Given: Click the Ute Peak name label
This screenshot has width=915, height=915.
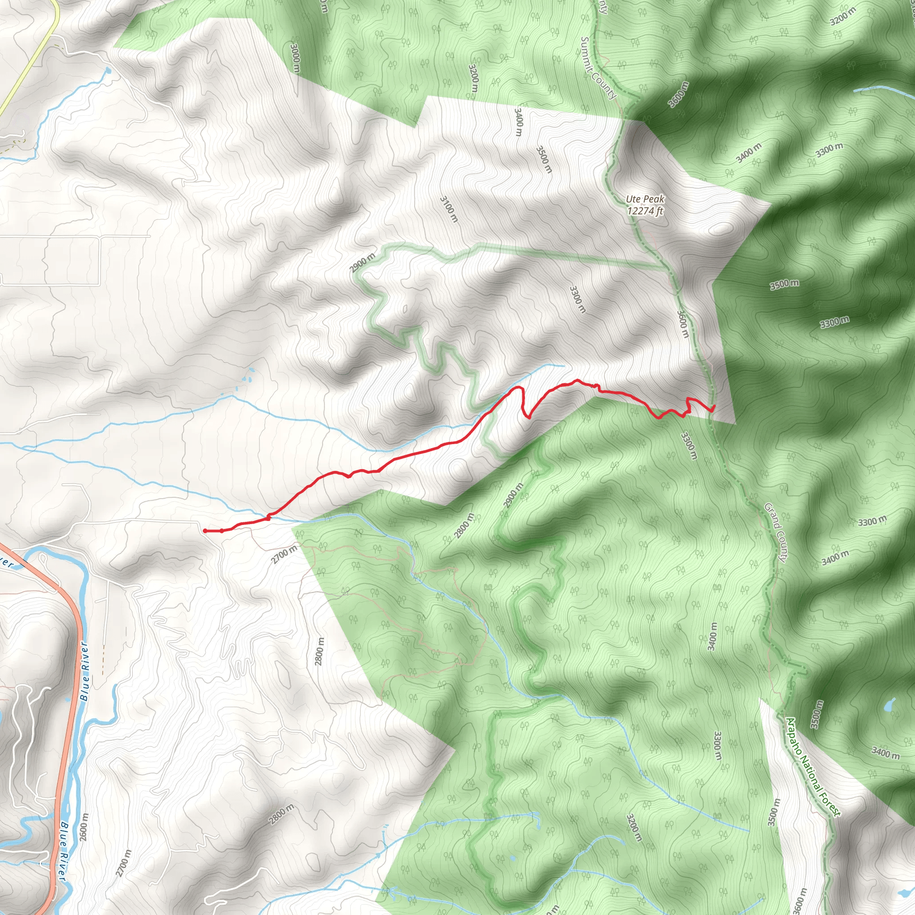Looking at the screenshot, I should point(645,200).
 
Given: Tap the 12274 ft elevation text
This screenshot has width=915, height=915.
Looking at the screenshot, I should point(645,211).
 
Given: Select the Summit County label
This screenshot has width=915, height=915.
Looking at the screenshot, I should point(599,68).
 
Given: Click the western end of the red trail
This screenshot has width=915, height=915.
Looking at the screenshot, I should point(205,531).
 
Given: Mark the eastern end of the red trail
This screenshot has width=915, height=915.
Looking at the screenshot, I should point(714,407).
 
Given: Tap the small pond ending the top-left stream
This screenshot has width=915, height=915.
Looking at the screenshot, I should point(108,71).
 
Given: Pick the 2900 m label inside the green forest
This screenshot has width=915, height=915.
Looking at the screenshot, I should point(513,495).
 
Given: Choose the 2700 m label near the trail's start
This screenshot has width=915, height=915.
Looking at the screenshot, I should point(284,554).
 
